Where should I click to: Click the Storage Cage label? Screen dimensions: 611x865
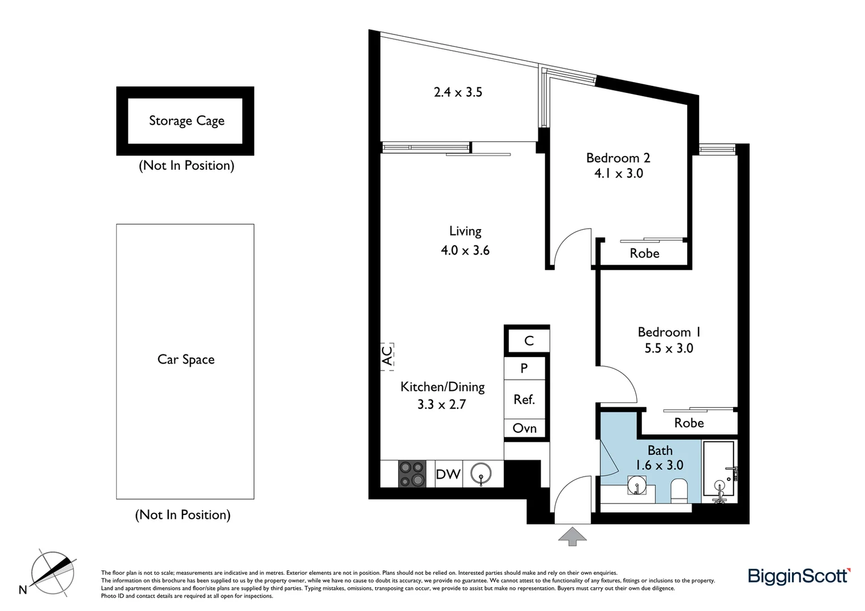186,121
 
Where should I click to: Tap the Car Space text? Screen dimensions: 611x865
186,360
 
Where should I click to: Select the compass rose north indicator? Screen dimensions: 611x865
52,571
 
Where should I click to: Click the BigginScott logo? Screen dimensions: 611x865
799,576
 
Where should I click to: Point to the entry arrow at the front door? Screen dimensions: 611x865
573,536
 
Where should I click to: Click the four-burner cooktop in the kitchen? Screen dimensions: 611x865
412,474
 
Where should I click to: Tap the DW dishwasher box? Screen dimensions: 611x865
448,474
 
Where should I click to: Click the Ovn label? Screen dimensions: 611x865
525,428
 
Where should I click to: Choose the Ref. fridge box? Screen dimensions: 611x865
524,399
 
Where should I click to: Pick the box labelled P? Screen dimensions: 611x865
524,368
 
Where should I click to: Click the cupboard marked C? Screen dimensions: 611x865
529,341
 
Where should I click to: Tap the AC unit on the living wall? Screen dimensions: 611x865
387,356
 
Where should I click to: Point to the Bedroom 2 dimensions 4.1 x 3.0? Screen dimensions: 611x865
618,174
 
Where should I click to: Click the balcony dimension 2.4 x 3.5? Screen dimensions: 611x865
458,92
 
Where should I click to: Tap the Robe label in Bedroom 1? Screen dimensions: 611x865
689,423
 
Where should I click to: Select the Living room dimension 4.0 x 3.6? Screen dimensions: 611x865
465,250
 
